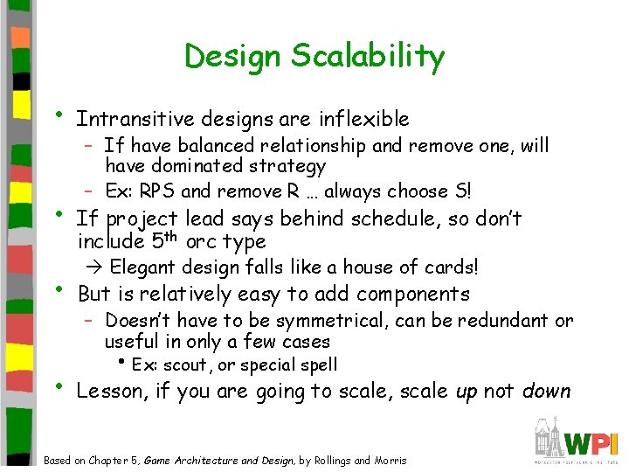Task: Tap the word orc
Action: pyautogui.click(x=204, y=241)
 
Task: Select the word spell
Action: pyautogui.click(x=318, y=364)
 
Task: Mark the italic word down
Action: pyautogui.click(x=546, y=391)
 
